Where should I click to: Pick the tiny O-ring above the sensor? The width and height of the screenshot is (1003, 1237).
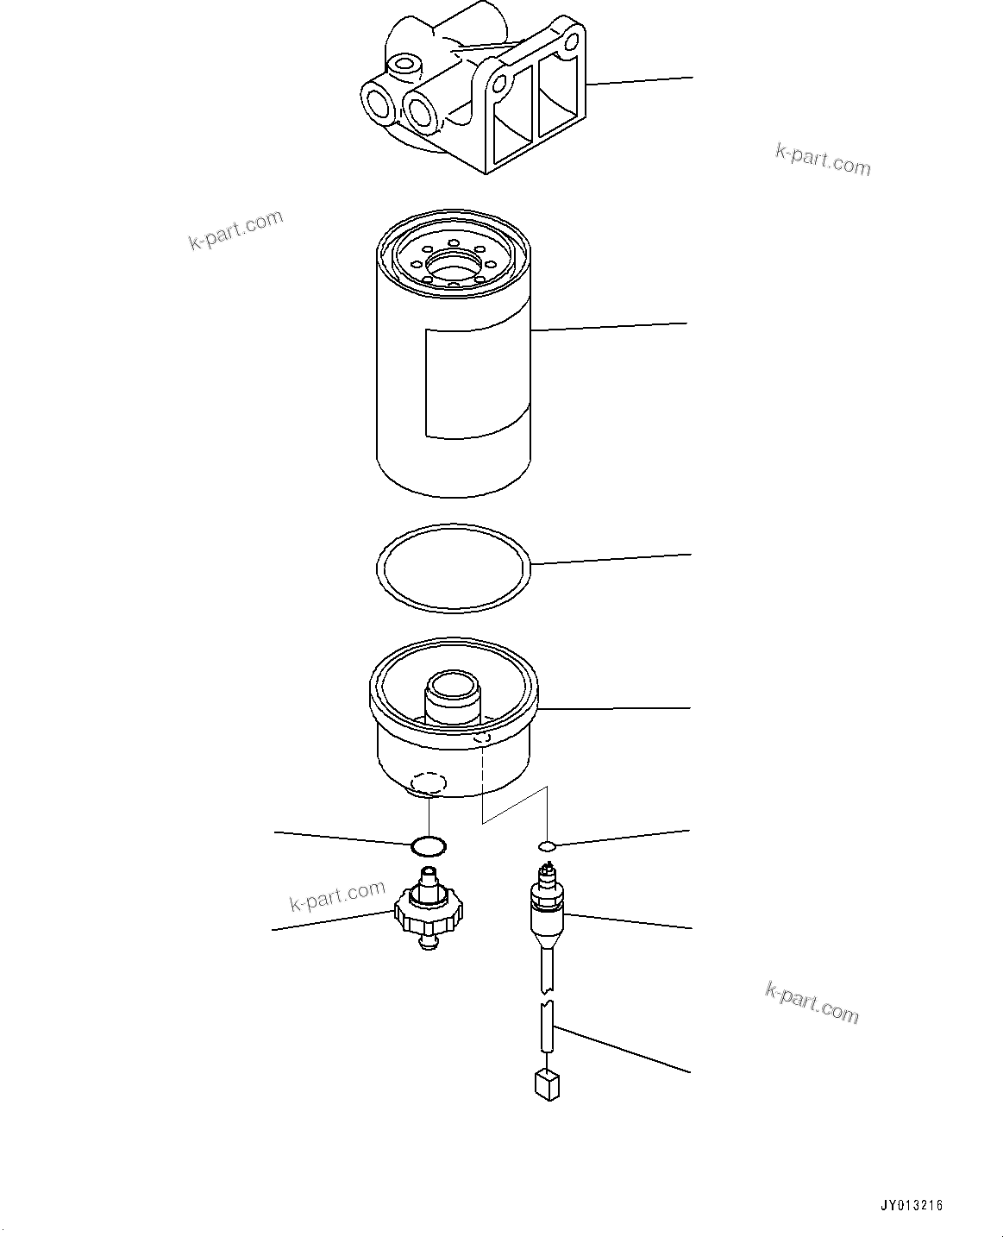click(x=547, y=845)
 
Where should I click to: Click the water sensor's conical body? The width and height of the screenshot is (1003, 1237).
click(x=547, y=927)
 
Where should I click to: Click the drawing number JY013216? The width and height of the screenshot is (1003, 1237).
click(x=912, y=1206)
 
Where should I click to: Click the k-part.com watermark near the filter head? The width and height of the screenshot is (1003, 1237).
click(x=823, y=159)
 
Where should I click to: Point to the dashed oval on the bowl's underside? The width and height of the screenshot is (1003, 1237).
click(x=429, y=782)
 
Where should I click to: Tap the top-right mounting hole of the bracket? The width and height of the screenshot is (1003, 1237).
click(x=570, y=41)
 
